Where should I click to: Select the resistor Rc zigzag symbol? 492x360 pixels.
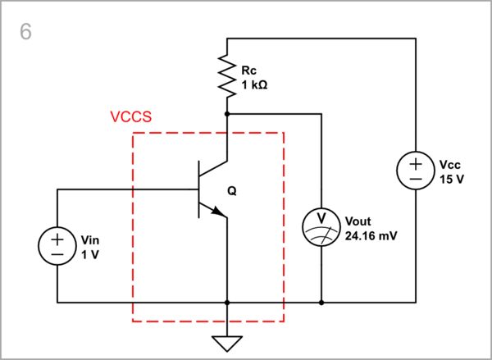point(226,75)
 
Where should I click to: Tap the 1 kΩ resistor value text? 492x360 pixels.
point(255,85)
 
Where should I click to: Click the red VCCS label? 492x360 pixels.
point(130,117)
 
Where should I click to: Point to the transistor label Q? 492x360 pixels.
point(231,191)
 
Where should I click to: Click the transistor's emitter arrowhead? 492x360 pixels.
point(220,212)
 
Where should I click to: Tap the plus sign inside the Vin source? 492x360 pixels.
point(58,239)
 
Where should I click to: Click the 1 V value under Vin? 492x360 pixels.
point(89,254)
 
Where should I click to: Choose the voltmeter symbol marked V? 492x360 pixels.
point(321,226)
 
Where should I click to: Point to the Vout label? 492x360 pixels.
point(359,221)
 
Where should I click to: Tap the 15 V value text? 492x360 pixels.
point(452,178)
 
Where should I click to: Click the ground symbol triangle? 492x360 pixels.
point(226,343)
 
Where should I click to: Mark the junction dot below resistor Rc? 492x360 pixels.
point(226,114)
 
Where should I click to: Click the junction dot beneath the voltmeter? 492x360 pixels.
point(321,303)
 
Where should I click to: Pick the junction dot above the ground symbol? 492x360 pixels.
point(226,303)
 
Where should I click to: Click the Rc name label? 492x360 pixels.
point(248,71)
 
